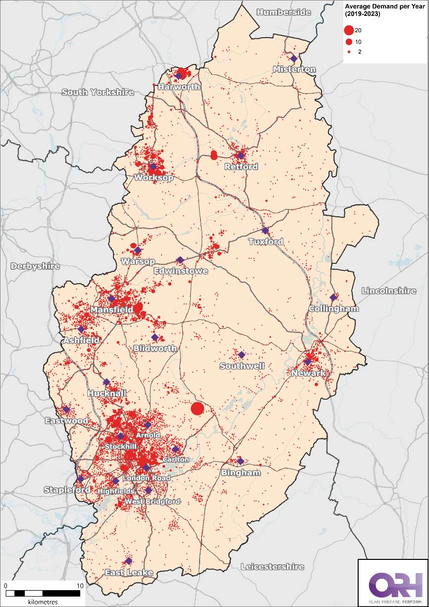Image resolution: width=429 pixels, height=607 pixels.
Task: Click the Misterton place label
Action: tap(294, 69)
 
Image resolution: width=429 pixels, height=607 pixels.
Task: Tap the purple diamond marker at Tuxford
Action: tap(265, 231)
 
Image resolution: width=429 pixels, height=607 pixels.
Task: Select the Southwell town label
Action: tap(242, 366)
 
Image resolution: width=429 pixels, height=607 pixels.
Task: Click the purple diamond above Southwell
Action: tap(242, 355)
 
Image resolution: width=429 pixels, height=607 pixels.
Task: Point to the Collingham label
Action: tap(333, 309)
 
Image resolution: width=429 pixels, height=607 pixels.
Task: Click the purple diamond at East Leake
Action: tap(128, 561)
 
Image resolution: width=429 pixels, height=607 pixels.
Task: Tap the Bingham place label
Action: tap(241, 473)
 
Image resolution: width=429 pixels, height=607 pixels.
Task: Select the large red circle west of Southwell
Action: tap(197, 409)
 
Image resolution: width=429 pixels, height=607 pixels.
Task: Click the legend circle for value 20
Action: tap(348, 30)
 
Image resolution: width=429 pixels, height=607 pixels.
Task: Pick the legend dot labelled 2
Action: tap(348, 52)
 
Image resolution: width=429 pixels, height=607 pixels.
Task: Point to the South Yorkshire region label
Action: tap(98, 92)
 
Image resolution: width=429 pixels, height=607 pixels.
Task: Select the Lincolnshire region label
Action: tap(389, 291)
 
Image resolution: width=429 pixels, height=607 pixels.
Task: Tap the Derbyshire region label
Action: tap(35, 266)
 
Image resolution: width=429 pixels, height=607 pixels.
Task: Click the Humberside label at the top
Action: tap(284, 12)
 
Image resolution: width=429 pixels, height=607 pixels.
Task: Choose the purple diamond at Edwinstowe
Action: tap(180, 260)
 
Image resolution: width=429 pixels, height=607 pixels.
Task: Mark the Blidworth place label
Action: tap(155, 349)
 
